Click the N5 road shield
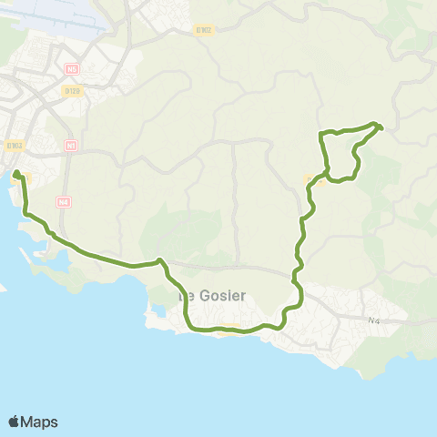tap(71, 68)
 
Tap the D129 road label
tap(74, 90)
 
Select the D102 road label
tap(204, 30)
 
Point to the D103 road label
tap(14, 145)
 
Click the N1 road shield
tap(72, 145)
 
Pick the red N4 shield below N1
tap(63, 202)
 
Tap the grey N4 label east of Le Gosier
tap(374, 320)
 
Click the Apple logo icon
tap(15, 421)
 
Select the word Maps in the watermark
tap(41, 422)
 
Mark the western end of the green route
tap(16, 172)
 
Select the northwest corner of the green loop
tap(320, 135)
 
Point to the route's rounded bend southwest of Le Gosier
tap(188, 323)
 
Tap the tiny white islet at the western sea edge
tap(3, 290)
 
